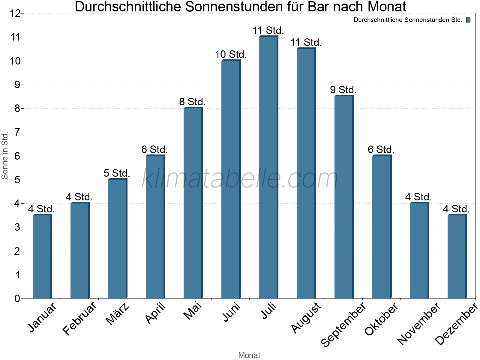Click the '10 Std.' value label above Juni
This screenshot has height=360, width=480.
click(x=231, y=55)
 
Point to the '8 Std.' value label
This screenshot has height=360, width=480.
click(x=192, y=102)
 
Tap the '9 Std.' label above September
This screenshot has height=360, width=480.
click(x=343, y=90)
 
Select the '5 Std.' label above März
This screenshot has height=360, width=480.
click(x=117, y=173)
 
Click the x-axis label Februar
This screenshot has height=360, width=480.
click(x=80, y=318)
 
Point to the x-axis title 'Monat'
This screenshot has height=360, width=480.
click(x=249, y=355)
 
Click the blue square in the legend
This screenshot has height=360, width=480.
click(x=468, y=20)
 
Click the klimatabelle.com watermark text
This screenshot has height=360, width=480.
click(x=240, y=179)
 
